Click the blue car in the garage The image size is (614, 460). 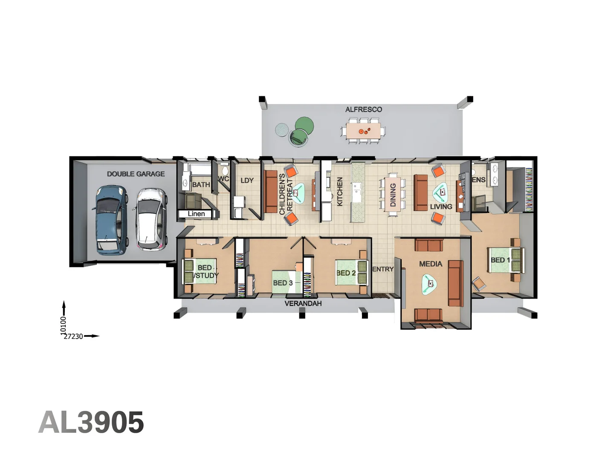click(111, 220)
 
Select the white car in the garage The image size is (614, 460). click(150, 219)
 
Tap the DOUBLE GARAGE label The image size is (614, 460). click(136, 174)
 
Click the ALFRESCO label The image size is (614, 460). click(363, 109)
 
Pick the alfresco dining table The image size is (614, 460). click(363, 131)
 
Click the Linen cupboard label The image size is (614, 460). click(196, 214)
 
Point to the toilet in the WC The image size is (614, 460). click(225, 170)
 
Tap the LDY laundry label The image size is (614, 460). click(247, 181)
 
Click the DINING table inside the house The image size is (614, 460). click(393, 194)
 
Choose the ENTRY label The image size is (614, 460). click(383, 269)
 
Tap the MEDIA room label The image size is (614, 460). click(431, 264)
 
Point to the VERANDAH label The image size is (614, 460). click(303, 303)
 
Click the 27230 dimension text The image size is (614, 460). click(74, 336)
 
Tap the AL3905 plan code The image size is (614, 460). click(91, 422)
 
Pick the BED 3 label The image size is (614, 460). click(283, 283)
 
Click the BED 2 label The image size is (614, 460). click(346, 273)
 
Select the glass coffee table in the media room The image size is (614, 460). click(429, 285)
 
